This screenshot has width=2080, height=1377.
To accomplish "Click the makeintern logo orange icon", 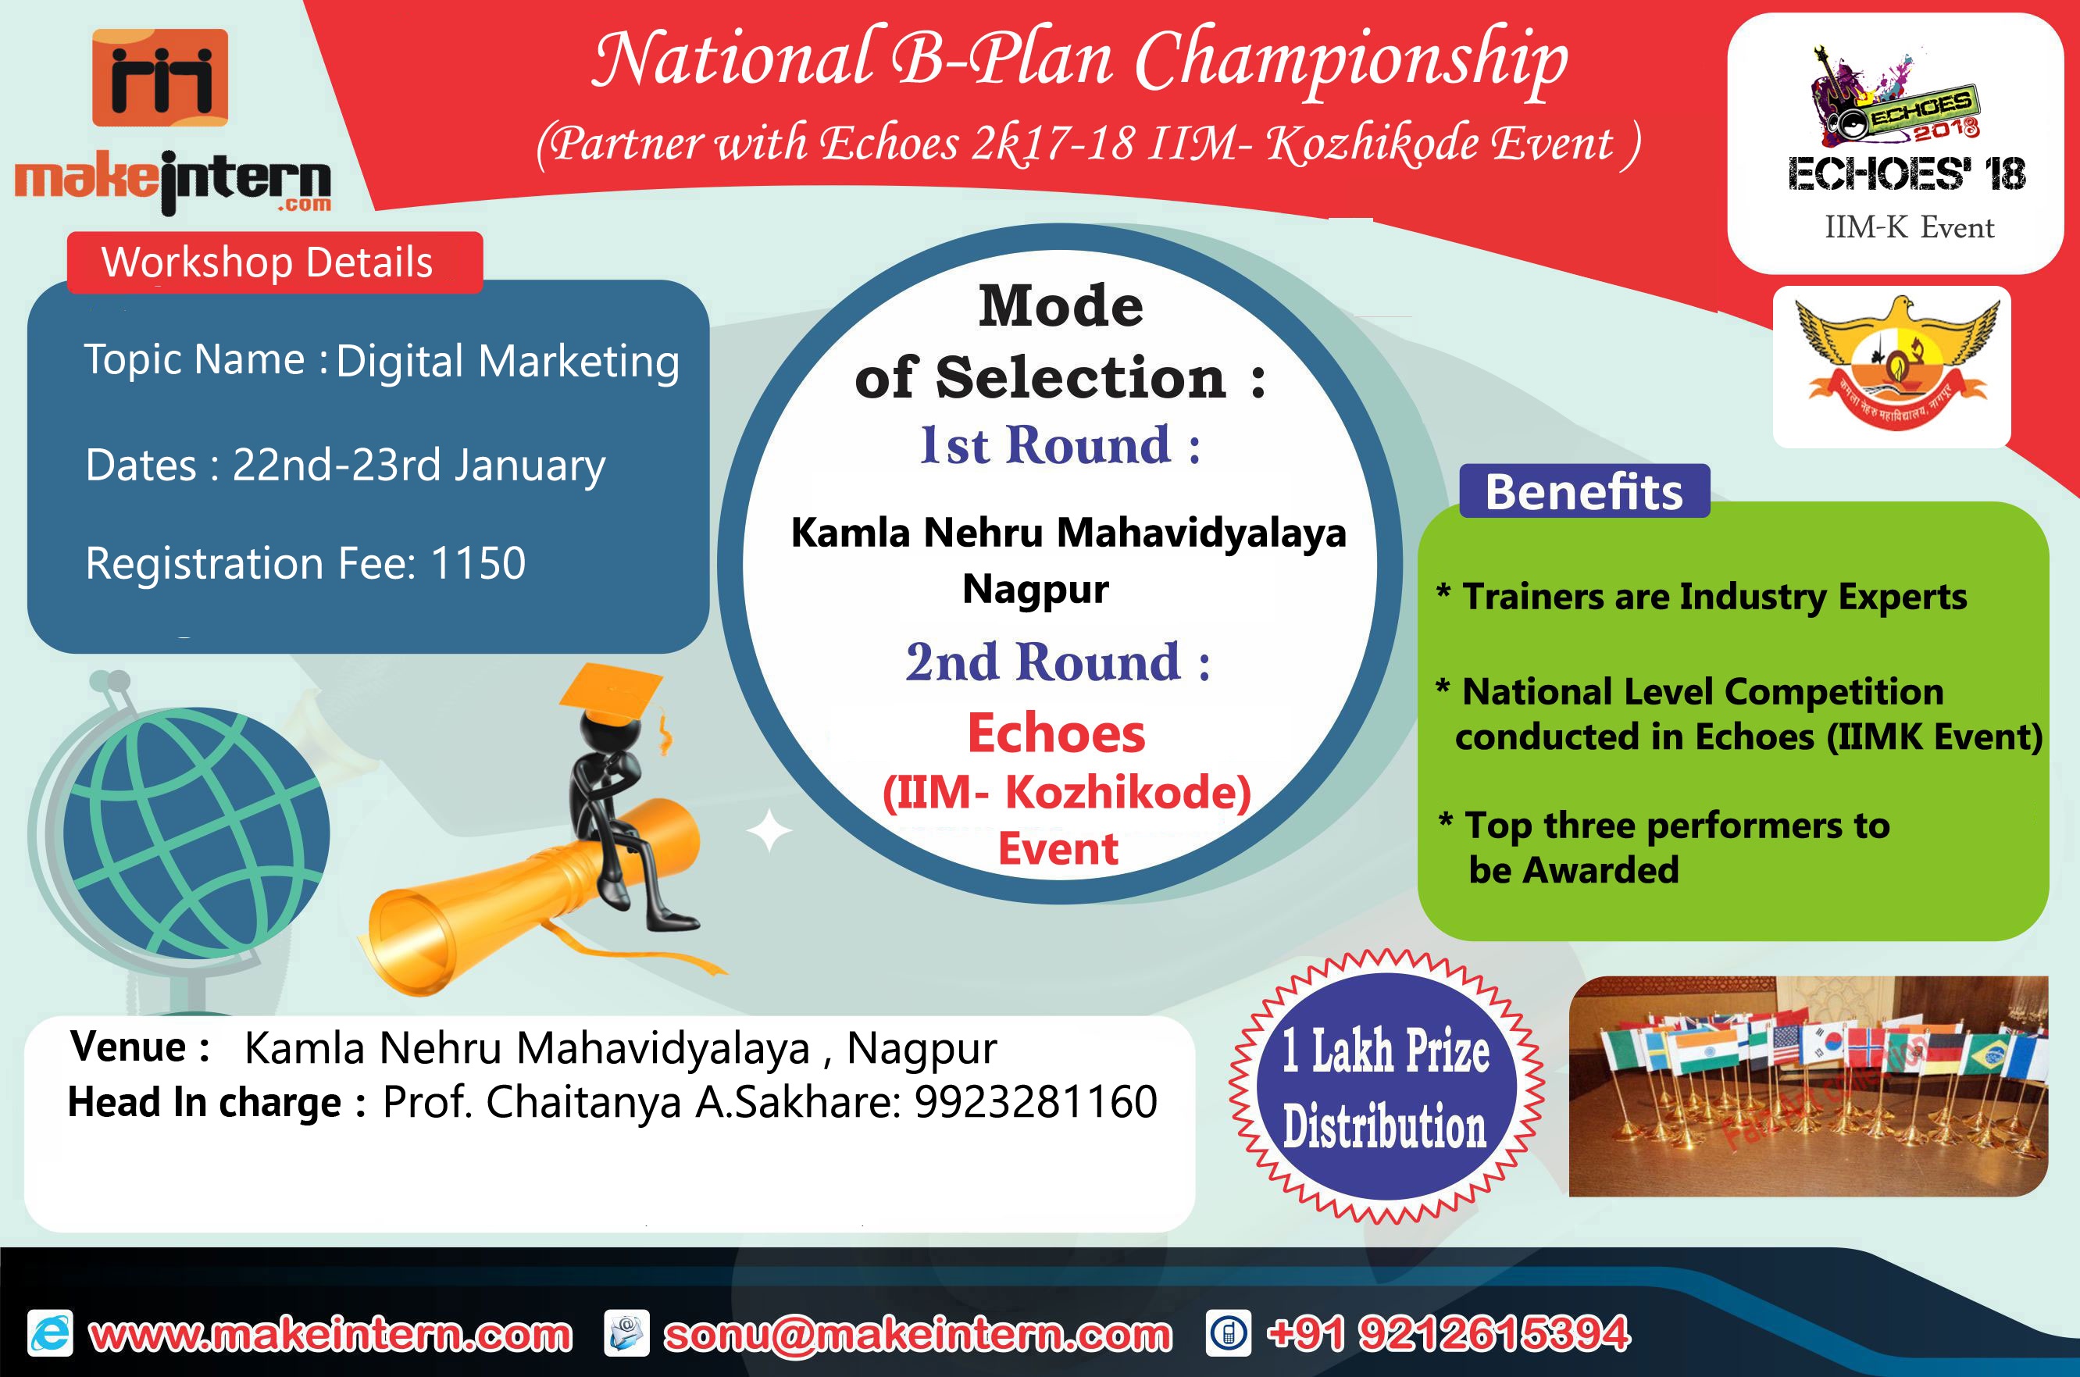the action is point(160,77).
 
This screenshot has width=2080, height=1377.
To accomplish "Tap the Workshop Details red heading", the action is point(275,262).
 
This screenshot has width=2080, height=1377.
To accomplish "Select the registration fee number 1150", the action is point(479,562).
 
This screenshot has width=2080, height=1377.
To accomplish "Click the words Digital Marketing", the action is point(508,362).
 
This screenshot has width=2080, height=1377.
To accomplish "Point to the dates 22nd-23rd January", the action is point(419,466).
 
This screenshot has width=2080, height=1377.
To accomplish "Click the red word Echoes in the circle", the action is point(1056,733).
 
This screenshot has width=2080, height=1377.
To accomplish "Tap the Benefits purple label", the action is point(1585,491).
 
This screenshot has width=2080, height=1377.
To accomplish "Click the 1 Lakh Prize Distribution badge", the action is point(1386,1087).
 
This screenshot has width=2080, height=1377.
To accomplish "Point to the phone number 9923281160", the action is point(1036,1101).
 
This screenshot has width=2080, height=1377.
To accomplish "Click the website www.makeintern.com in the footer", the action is point(331,1334).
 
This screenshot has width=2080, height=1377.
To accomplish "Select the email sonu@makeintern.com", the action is point(918,1334).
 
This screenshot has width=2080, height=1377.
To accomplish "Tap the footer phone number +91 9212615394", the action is point(1449,1333).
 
